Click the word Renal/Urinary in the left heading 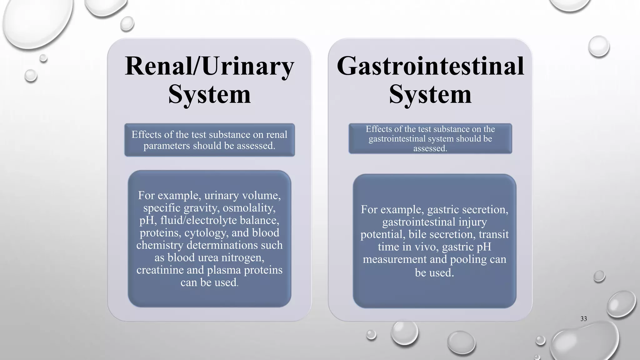209,66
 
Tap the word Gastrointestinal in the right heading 430,66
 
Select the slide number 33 583,319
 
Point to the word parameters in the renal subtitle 167,146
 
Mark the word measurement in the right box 394,259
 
